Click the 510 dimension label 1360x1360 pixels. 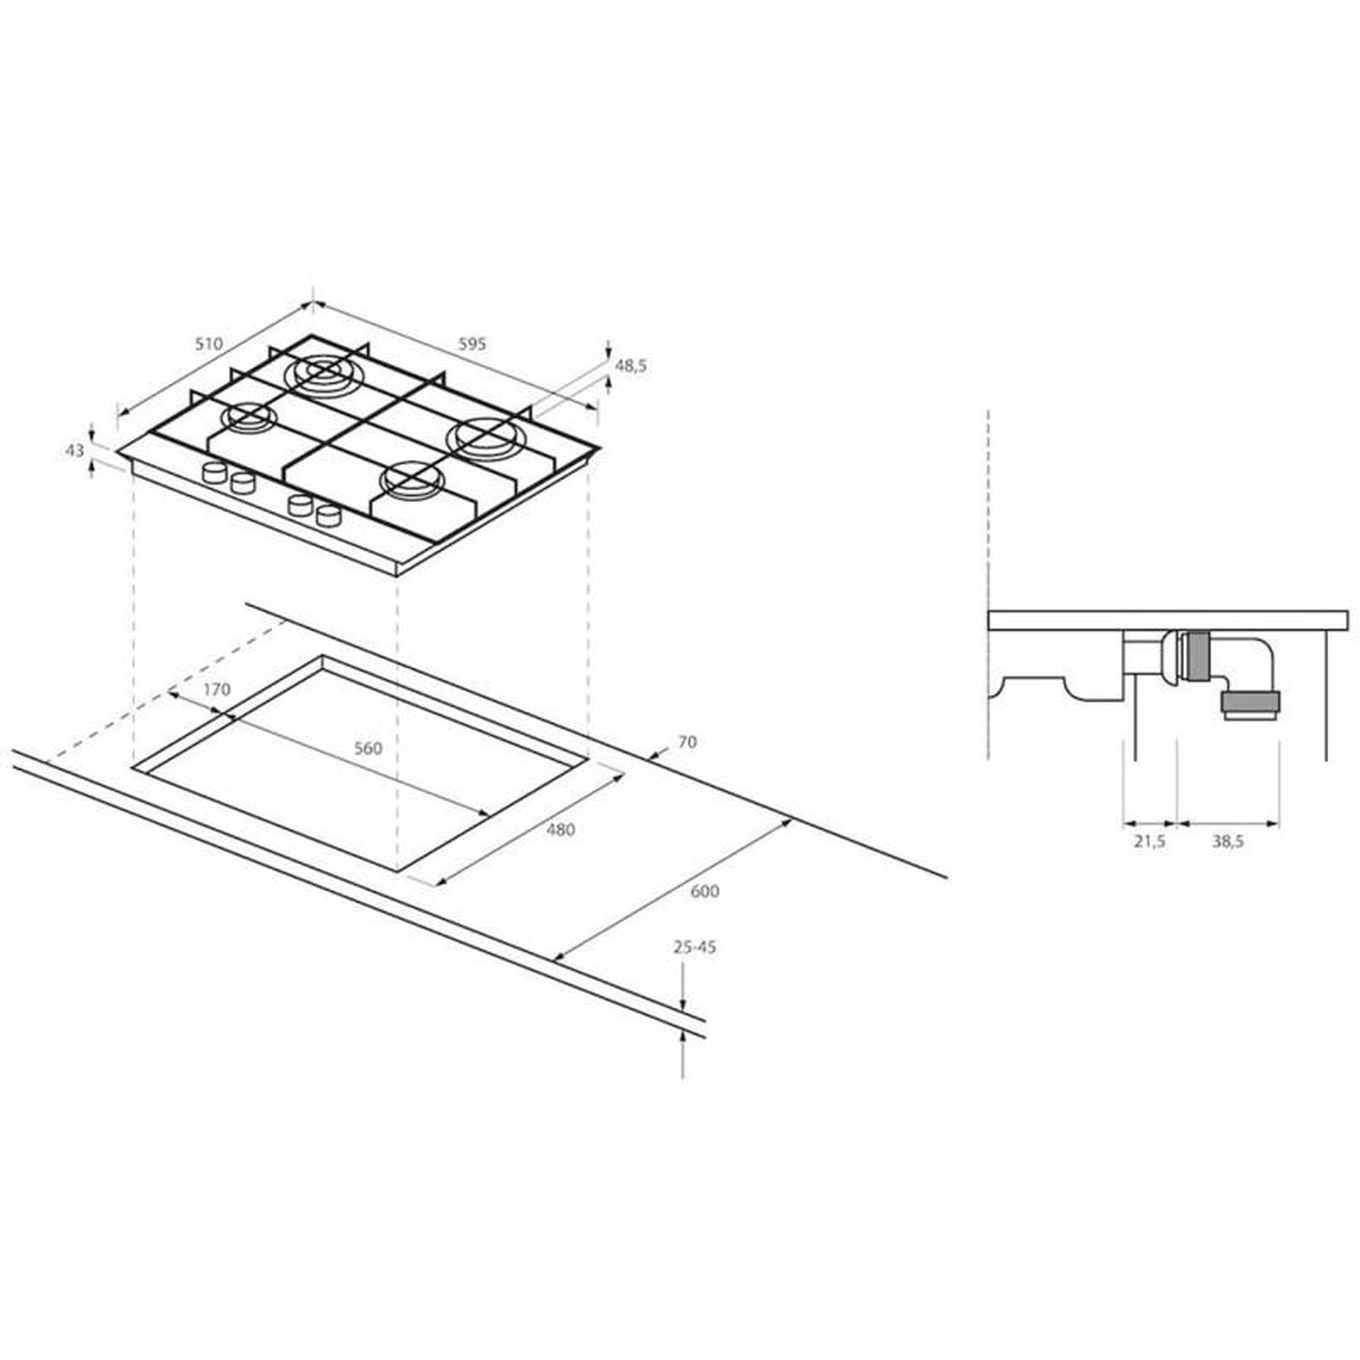209,344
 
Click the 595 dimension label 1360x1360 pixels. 472,344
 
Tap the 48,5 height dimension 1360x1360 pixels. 631,365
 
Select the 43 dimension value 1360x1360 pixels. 75,450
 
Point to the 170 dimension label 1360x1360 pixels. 216,689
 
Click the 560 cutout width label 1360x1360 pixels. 367,748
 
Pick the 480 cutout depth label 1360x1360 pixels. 560,830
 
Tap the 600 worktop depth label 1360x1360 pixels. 705,891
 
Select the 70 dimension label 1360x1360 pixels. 687,742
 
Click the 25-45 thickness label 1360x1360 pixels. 695,948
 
